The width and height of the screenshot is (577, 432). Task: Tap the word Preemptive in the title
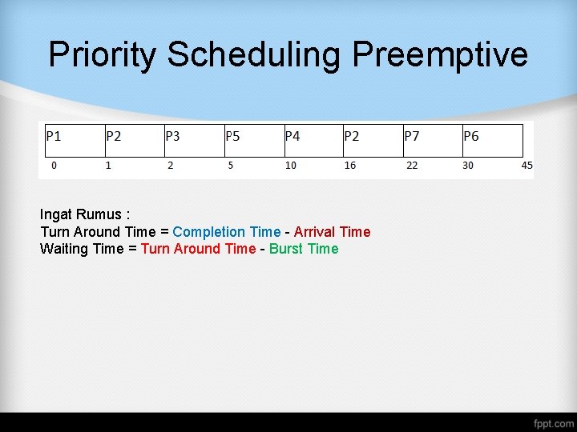click(440, 55)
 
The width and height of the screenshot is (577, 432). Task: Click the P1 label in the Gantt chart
click(54, 137)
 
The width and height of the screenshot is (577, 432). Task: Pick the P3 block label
click(172, 137)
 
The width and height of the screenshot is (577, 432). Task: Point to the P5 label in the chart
click(232, 137)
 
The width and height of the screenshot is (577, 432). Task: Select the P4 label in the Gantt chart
click(293, 137)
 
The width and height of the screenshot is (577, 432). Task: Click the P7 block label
click(412, 137)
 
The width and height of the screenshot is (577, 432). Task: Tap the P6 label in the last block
click(471, 137)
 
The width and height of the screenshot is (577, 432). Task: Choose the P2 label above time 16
click(352, 137)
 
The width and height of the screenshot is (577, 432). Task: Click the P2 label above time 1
click(114, 137)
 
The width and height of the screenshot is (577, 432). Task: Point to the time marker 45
click(527, 166)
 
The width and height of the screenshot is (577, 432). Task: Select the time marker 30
click(468, 166)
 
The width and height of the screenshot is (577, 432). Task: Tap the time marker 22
click(411, 166)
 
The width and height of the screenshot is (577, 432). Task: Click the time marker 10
click(291, 166)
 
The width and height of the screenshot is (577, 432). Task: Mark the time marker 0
click(54, 166)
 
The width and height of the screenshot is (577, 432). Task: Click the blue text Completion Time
click(227, 232)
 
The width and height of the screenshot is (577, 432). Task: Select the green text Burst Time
click(304, 249)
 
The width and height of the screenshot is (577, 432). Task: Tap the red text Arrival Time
click(332, 232)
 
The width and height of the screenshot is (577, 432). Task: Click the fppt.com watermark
click(554, 422)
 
